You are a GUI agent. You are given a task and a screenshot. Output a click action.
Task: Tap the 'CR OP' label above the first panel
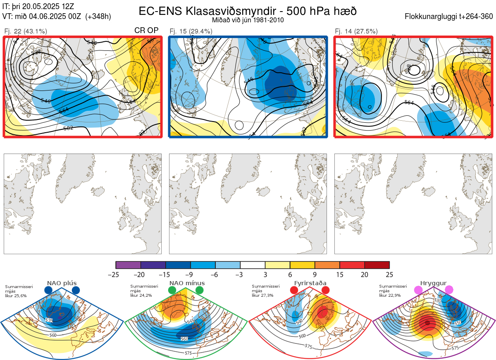147,31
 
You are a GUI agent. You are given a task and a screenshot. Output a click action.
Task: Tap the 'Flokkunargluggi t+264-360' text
450,17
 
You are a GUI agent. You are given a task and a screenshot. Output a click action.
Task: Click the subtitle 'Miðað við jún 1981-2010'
248,20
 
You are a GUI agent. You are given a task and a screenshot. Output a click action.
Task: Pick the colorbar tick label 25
389,274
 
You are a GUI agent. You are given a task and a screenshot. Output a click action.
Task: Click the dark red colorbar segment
377,265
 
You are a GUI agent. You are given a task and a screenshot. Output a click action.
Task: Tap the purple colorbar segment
128,265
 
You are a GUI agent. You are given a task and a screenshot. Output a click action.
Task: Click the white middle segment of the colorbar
253,265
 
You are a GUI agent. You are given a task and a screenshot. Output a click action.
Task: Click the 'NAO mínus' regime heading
187,283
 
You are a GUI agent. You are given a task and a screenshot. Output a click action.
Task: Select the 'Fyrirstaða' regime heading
310,283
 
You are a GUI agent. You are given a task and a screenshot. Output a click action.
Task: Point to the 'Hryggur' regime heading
434,283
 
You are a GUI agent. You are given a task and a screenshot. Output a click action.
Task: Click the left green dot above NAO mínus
172,290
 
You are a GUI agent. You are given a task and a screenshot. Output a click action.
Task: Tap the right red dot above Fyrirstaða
325,290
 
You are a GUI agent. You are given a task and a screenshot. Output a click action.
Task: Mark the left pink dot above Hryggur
419,290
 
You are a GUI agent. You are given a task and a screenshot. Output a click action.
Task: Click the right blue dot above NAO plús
76,290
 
